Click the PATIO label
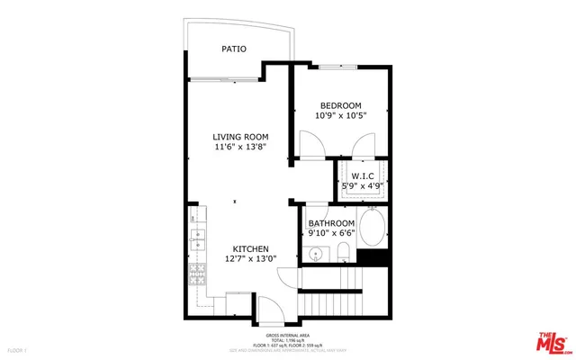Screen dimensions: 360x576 pyautogui.click(x=234, y=49)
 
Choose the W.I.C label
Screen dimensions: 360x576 pyautogui.click(x=362, y=175)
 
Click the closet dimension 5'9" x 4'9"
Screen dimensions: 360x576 pyautogui.click(x=362, y=186)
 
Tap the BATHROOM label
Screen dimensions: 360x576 pyautogui.click(x=331, y=223)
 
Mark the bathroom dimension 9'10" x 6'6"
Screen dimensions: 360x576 pyautogui.click(x=331, y=233)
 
